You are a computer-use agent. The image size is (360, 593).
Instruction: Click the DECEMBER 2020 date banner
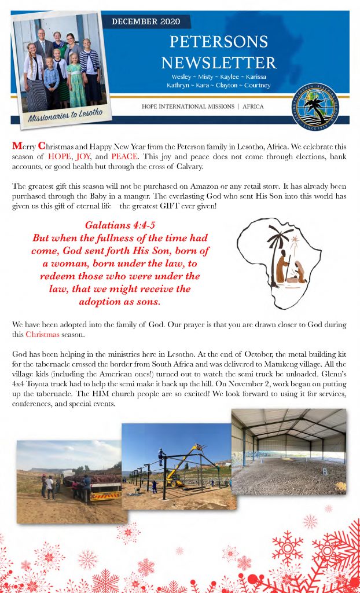pos(145,22)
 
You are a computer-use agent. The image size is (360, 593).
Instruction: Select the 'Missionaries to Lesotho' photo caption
pos(65,115)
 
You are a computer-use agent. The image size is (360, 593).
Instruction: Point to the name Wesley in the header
pos(185,77)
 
